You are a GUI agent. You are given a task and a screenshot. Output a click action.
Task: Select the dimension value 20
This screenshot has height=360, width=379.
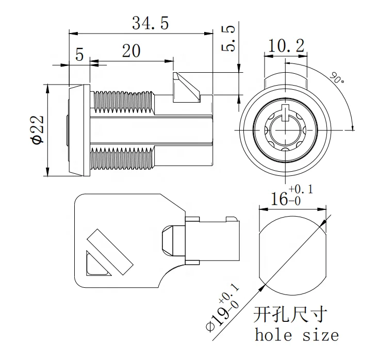[x=131, y=51]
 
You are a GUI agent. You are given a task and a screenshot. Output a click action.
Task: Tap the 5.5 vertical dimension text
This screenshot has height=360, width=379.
[x=229, y=39]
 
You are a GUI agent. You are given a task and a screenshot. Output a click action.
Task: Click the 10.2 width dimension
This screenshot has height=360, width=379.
[x=284, y=46]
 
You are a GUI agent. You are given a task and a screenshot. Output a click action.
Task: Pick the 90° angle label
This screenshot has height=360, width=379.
[x=337, y=78]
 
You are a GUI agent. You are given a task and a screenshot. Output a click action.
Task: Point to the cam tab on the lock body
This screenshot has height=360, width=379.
[x=186, y=88]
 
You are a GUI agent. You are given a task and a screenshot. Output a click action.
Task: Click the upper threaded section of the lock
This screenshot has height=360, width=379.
[x=123, y=101]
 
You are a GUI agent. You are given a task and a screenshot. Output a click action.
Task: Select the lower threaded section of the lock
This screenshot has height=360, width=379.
[x=123, y=157]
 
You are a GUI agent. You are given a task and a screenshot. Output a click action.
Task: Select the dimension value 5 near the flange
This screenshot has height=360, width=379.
[x=79, y=54]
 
